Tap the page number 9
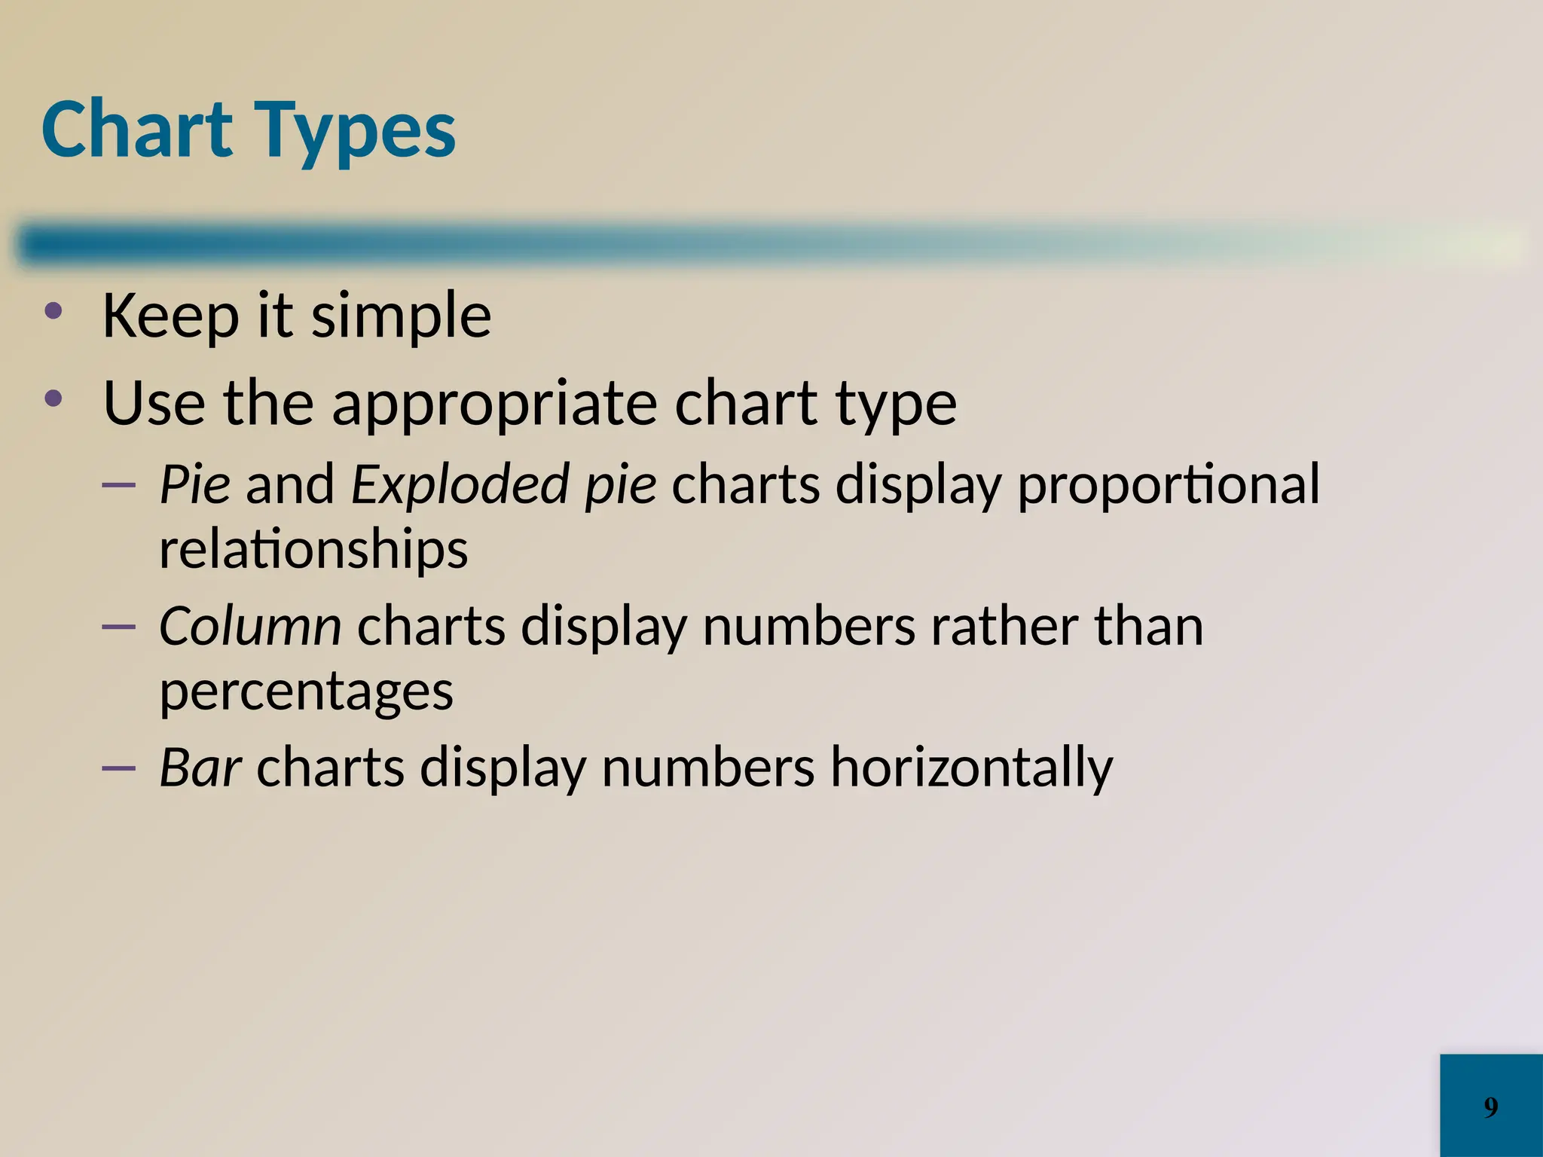[x=1490, y=1107]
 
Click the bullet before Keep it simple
[x=53, y=313]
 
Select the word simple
[x=401, y=316]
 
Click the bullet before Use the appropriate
[x=53, y=400]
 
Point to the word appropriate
[x=494, y=405]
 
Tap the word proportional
[x=1168, y=485]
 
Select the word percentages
[x=306, y=692]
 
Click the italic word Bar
[x=200, y=768]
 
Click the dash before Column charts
[x=118, y=627]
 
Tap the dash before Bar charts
[x=118, y=768]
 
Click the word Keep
[x=170, y=315]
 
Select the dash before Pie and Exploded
[x=118, y=485]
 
